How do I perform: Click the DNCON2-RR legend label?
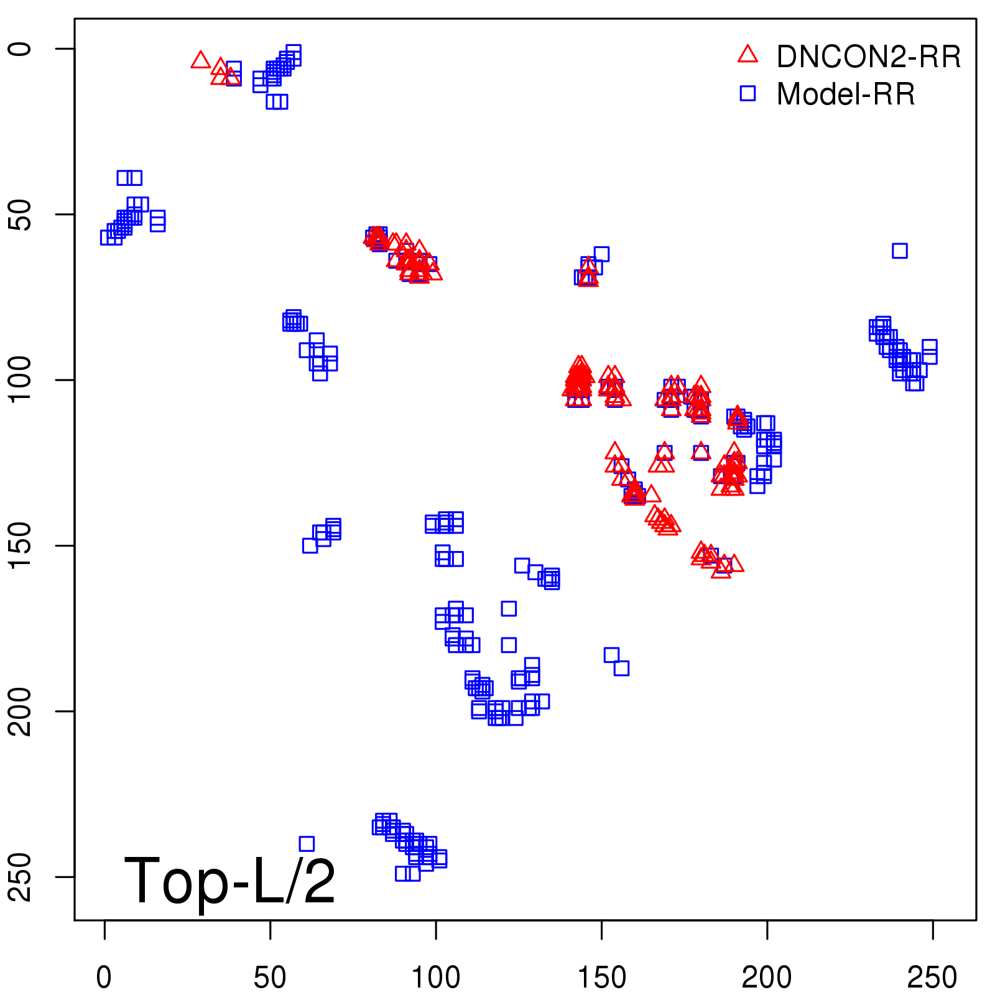click(x=868, y=57)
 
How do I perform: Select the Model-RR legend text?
click(x=846, y=95)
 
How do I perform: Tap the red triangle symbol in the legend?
click(x=747, y=55)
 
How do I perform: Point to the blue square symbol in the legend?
click(x=747, y=93)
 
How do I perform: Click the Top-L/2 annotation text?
click(x=230, y=881)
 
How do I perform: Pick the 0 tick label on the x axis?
click(x=104, y=978)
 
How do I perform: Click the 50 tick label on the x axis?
click(x=270, y=978)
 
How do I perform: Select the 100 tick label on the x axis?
click(x=436, y=978)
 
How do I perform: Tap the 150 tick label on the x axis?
click(x=601, y=978)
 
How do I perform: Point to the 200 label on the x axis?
click(x=767, y=978)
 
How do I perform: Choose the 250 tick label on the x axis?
click(x=932, y=978)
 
